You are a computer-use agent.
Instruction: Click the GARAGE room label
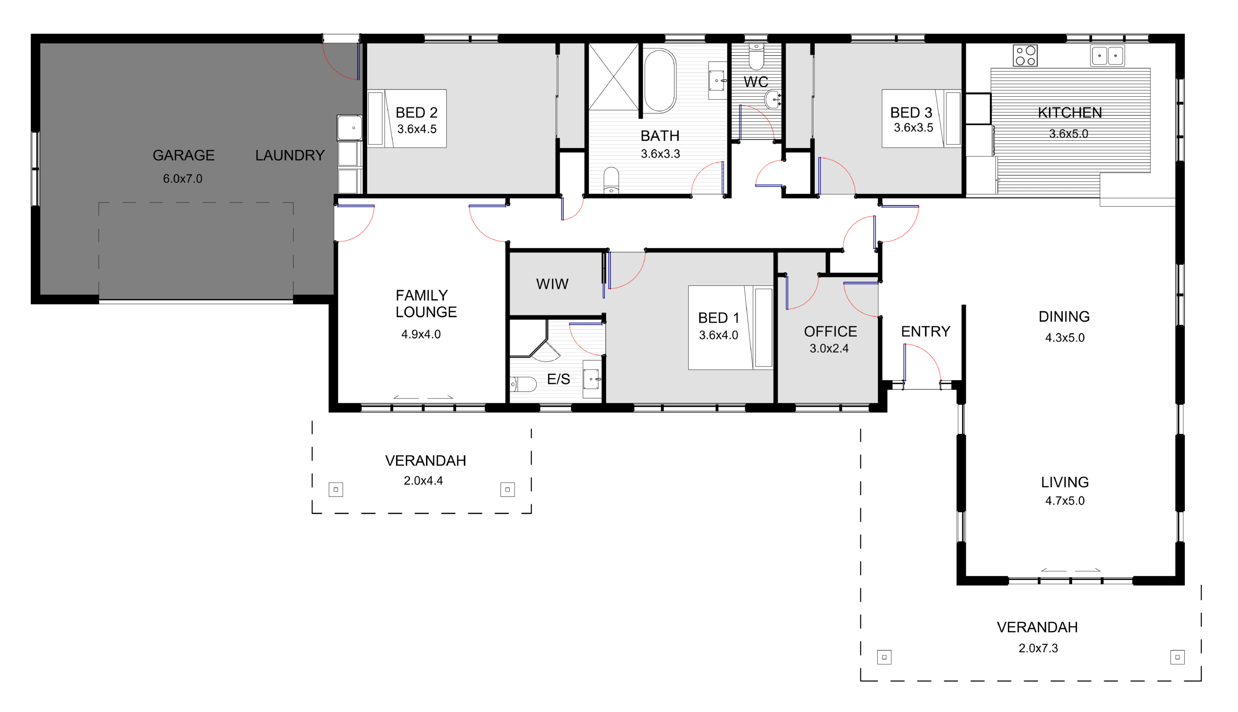(183, 155)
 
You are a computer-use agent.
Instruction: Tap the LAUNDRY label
(290, 155)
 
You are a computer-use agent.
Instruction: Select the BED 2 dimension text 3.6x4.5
(417, 129)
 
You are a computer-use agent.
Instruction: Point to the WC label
(755, 82)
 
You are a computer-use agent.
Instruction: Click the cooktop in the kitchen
(1025, 56)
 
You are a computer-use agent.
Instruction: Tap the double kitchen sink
(1107, 56)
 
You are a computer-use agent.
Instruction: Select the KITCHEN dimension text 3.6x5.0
(1068, 133)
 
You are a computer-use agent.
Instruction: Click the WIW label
(552, 284)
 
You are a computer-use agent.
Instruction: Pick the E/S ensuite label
(559, 379)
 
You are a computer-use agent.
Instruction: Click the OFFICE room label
(830, 331)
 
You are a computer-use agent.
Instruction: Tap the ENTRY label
(926, 331)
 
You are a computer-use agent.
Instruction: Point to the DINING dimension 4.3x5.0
(1064, 338)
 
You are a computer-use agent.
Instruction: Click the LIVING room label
(1065, 483)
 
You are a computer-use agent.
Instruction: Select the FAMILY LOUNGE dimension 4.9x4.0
(421, 335)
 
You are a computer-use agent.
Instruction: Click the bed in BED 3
(922, 119)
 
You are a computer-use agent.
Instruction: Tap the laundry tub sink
(350, 128)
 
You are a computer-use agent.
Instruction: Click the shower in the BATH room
(613, 77)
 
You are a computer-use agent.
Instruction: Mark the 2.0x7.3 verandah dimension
(1038, 649)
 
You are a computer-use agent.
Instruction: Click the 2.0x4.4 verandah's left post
(336, 489)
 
